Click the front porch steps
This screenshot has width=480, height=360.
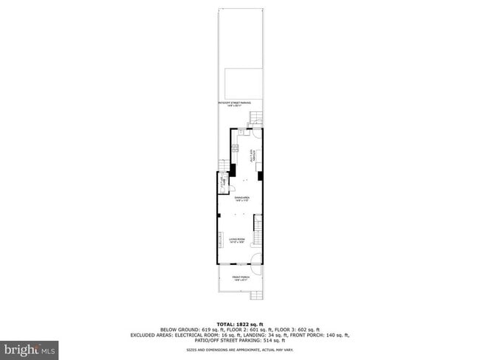click(x=256, y=295)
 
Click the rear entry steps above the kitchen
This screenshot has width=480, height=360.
click(x=256, y=118)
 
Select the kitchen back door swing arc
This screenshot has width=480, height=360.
click(x=250, y=134)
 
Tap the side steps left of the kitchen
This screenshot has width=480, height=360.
click(x=223, y=167)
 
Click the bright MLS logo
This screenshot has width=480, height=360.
click(x=30, y=347)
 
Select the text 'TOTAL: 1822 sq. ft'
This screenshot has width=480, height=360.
click(x=239, y=324)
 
